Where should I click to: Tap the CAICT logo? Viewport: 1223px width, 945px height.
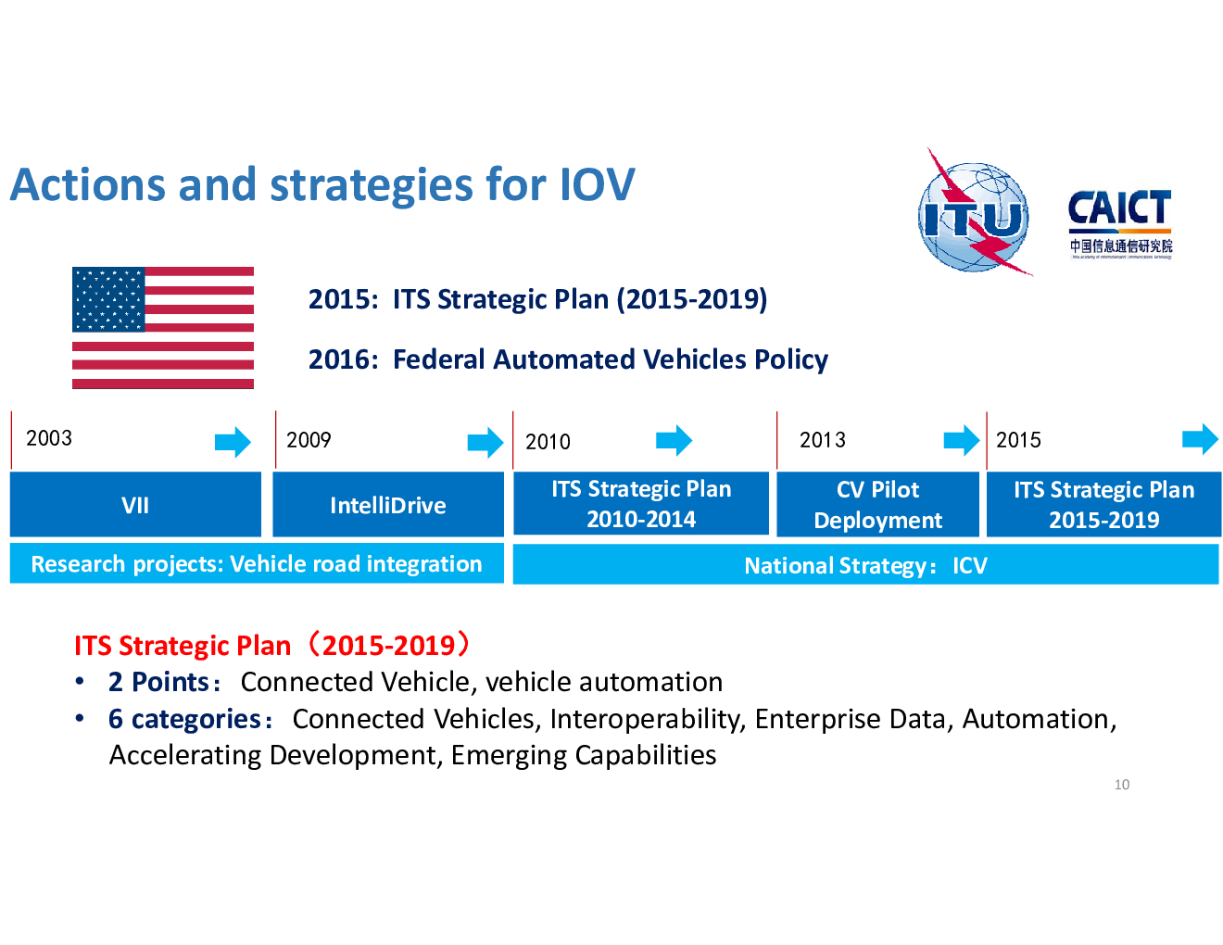1120,224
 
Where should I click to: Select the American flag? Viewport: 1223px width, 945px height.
163,328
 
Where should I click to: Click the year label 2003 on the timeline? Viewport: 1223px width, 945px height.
49,438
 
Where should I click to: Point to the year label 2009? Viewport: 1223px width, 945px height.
309,439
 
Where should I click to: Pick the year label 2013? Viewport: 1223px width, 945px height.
822,439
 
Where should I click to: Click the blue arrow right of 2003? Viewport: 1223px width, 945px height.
233,442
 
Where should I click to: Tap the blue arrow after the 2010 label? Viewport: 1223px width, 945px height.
674,440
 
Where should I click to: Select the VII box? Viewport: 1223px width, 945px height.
135,504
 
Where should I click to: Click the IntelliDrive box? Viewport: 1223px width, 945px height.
388,504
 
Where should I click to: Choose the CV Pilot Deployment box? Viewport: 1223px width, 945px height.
877,504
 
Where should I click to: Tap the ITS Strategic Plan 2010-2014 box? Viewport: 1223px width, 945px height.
641,503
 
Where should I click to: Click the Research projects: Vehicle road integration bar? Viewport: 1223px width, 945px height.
257,563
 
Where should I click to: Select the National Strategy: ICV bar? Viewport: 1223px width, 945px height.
865,564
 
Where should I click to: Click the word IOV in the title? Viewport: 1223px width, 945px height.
598,184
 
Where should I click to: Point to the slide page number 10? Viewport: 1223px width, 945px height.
1122,785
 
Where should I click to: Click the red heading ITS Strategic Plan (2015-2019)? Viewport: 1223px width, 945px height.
273,645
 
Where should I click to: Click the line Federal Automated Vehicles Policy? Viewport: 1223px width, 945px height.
610,359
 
